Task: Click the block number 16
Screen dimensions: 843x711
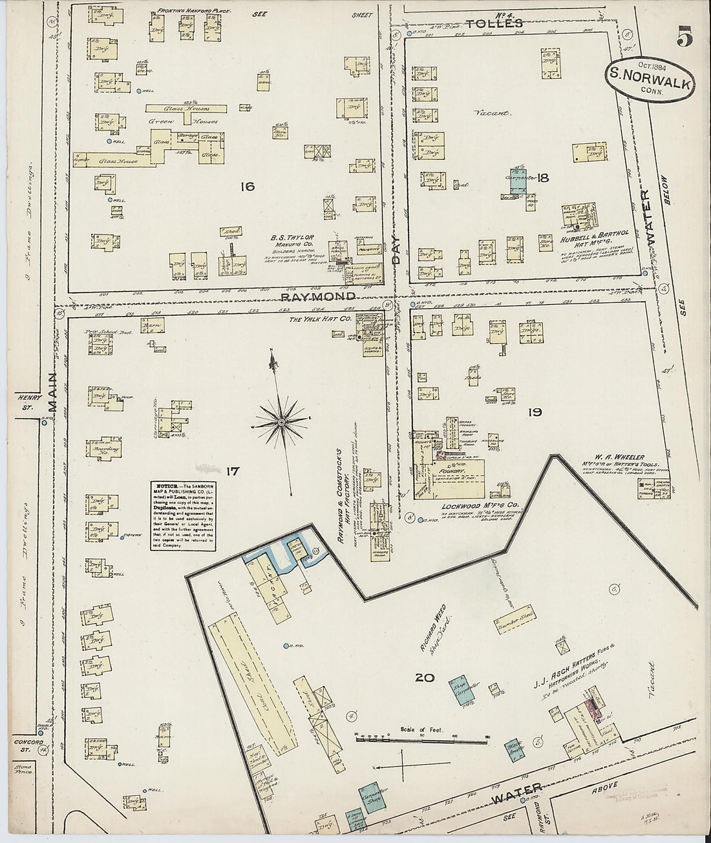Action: pyautogui.click(x=246, y=187)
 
